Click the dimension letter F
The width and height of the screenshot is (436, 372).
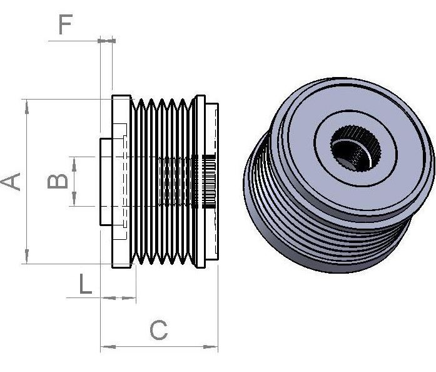(66, 24)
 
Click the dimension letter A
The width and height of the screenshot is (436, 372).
(11, 182)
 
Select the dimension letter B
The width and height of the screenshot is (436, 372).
(58, 182)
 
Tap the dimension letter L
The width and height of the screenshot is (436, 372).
(85, 284)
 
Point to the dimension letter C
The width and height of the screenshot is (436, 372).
(159, 330)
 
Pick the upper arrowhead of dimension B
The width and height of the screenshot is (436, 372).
(74, 164)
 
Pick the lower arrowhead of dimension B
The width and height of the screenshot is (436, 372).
(74, 199)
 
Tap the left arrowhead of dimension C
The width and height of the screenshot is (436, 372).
(108, 347)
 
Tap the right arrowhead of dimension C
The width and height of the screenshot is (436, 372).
(210, 347)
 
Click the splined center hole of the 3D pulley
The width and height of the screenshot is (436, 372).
(356, 148)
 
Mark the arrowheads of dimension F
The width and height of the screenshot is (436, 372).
(107, 41)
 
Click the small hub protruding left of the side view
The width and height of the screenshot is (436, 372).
(106, 182)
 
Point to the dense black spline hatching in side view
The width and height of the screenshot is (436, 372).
(208, 182)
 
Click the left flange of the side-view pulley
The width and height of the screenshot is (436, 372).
(121, 182)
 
